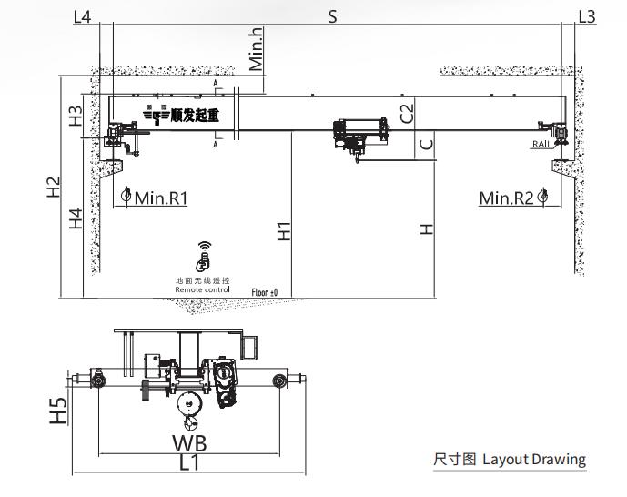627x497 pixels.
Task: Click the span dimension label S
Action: (x=333, y=16)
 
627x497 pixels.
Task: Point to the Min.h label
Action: (x=257, y=49)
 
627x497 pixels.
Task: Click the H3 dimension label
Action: (x=76, y=116)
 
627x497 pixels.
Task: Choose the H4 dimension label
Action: (x=76, y=218)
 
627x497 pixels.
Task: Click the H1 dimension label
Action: (x=284, y=231)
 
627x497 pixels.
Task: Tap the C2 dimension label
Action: (x=408, y=113)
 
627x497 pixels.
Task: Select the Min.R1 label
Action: (x=161, y=198)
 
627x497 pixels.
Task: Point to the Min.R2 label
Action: (x=507, y=198)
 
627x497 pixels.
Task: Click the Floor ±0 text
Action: (x=265, y=292)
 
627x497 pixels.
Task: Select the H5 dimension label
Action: (x=59, y=411)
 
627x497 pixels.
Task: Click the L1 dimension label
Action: (x=189, y=462)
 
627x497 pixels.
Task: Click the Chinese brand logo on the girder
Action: (x=187, y=115)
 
